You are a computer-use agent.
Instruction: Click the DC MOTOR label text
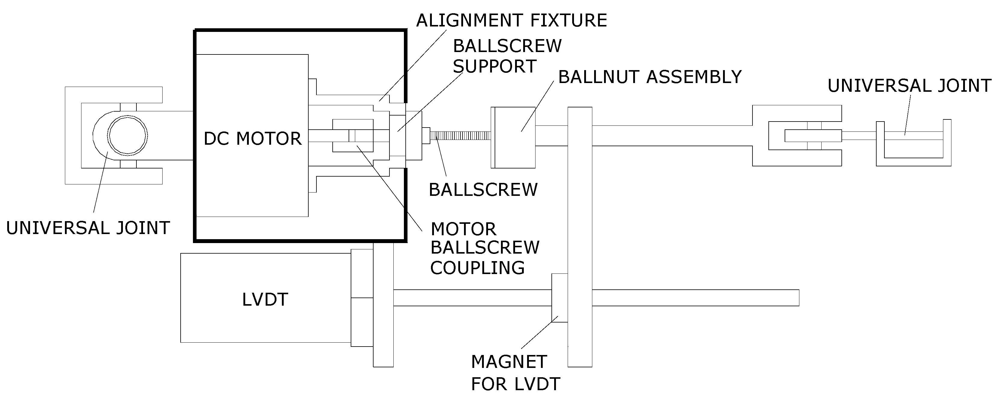252,138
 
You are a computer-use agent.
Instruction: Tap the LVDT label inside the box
265,299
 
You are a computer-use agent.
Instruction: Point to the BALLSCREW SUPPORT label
507,56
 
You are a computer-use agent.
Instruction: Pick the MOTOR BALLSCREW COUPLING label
484,248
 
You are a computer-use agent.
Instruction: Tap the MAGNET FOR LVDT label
515,373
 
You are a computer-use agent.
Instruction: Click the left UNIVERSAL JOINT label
88,228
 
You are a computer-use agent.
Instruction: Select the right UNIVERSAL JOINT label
909,86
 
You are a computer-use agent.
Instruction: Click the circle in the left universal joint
127,136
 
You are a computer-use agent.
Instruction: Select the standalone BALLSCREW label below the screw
483,190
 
